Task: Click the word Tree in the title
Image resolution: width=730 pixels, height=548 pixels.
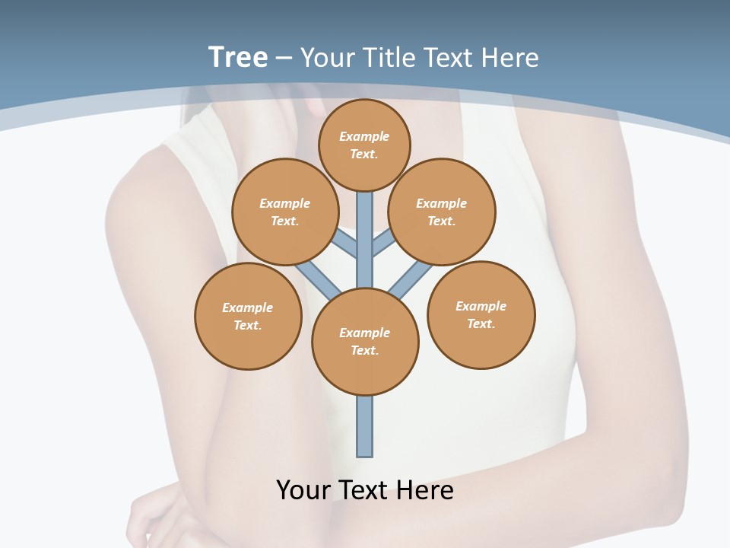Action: (238, 57)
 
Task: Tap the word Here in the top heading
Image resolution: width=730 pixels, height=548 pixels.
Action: (510, 57)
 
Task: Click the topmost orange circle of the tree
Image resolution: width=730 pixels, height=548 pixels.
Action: (364, 145)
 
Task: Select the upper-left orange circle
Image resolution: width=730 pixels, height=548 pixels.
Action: (285, 212)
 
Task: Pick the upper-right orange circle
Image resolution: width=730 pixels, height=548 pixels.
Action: (442, 212)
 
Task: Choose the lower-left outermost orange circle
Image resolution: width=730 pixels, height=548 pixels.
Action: (248, 316)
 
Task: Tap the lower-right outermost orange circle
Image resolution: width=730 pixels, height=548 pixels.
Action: (481, 314)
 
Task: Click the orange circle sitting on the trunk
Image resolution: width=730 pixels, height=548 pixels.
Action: (365, 341)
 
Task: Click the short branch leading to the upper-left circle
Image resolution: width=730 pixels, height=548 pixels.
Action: (346, 244)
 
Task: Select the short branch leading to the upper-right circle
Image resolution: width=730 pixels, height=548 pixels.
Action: (383, 244)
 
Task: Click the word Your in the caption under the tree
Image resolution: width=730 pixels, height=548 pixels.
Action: (303, 490)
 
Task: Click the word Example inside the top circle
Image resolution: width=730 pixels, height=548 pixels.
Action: (364, 137)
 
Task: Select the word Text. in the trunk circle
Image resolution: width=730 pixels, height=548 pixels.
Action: (364, 351)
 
